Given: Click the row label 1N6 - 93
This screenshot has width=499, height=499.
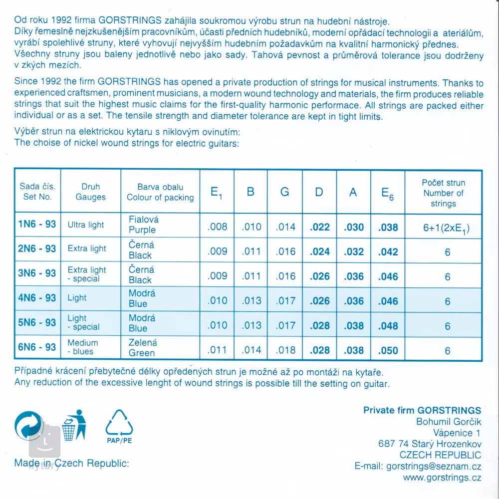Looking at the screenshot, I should point(37,224).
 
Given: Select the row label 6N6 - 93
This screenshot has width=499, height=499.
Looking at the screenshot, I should point(37,347).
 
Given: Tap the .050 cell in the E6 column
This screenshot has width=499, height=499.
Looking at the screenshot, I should point(389,350).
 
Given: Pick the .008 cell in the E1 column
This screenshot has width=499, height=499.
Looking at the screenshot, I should point(217,227).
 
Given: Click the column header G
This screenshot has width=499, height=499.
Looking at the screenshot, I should point(284,192).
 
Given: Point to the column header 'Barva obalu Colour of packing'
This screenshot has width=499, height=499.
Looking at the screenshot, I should point(160,192).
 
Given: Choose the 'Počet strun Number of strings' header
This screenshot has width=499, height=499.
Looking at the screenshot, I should point(443,193).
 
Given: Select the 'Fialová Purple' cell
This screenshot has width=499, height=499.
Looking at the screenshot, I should point(143,225).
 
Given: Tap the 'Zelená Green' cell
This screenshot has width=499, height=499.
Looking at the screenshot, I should point(143,347).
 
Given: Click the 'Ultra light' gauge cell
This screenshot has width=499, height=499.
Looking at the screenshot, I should point(86,225).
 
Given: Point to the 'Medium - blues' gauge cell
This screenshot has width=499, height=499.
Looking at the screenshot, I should point(83,347).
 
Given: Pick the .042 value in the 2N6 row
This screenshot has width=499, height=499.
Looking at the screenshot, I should point(389,252).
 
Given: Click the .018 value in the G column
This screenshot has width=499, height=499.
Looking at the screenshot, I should point(285,350).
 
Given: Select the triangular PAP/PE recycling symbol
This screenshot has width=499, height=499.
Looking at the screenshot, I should point(119,425).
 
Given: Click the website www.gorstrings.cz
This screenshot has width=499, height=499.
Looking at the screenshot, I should point(442,478).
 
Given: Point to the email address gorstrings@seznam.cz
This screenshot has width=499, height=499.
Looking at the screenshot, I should point(434,466).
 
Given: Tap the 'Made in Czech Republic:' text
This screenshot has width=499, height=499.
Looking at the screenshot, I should point(71,463).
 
